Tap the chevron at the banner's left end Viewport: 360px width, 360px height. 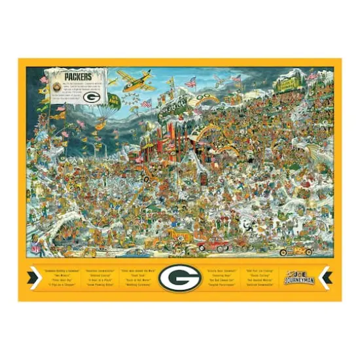[x=32, y=278]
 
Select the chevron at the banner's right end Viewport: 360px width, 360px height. [x=326, y=278]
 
